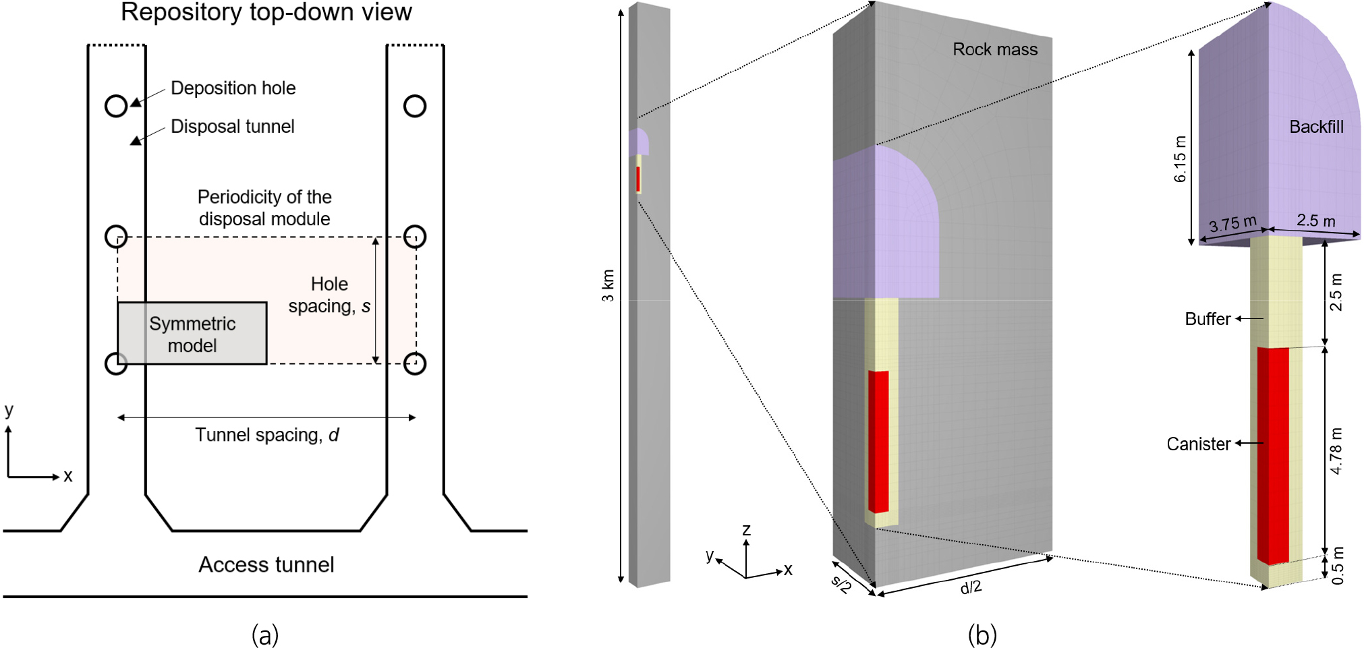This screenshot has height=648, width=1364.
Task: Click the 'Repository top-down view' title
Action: point(266,12)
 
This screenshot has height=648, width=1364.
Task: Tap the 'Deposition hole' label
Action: point(233,88)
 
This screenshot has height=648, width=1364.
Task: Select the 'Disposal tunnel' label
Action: point(232,127)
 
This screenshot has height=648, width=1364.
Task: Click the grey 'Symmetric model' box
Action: point(192,334)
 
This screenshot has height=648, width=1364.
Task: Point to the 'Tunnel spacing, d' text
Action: point(266,435)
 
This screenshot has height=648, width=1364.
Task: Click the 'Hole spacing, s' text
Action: point(329,295)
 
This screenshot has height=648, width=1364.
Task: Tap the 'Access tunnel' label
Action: point(266,564)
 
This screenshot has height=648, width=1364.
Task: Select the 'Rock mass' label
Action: point(994,49)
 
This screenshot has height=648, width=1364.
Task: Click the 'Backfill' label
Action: point(1315,127)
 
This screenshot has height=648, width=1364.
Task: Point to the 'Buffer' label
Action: point(1207,319)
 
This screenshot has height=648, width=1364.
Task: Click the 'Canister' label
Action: point(1198,444)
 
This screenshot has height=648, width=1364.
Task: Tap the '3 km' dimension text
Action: point(608,286)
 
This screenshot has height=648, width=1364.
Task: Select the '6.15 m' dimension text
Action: point(1179,159)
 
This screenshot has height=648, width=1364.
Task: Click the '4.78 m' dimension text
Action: point(1336,450)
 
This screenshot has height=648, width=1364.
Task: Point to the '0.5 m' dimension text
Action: point(1338,566)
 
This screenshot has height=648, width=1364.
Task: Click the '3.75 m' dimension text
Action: point(1232,223)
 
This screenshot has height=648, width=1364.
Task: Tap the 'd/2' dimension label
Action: point(971,587)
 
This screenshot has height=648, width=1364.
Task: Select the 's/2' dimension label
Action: point(841,583)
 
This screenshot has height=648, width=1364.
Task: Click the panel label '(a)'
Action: point(264,635)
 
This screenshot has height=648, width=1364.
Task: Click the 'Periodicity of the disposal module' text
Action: point(264,208)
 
